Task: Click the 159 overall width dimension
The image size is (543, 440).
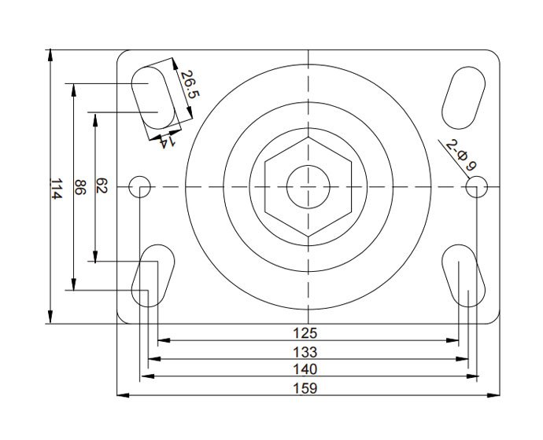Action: [305, 388]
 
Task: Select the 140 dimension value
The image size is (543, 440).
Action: [305, 369]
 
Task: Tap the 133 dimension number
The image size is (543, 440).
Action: [305, 352]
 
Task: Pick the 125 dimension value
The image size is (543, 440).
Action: [305, 333]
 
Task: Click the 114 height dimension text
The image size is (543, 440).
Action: [57, 189]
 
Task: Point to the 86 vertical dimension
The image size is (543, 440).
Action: [80, 187]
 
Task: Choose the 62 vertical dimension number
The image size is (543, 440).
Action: [102, 185]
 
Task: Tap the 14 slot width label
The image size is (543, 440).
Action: [167, 141]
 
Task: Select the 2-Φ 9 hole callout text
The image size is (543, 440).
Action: [461, 155]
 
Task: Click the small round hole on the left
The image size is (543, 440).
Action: [139, 187]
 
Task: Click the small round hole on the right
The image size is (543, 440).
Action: [477, 187]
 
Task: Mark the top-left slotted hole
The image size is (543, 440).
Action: [153, 97]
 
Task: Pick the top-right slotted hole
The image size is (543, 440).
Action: [464, 97]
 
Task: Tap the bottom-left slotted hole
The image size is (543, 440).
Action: [153, 276]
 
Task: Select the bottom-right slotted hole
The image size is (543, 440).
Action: [464, 276]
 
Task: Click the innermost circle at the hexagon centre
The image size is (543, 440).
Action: [308, 187]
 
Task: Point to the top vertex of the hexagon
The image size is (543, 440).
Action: [308, 137]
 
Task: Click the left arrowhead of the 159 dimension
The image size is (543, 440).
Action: [124, 395]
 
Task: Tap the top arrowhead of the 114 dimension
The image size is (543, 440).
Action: [50, 56]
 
